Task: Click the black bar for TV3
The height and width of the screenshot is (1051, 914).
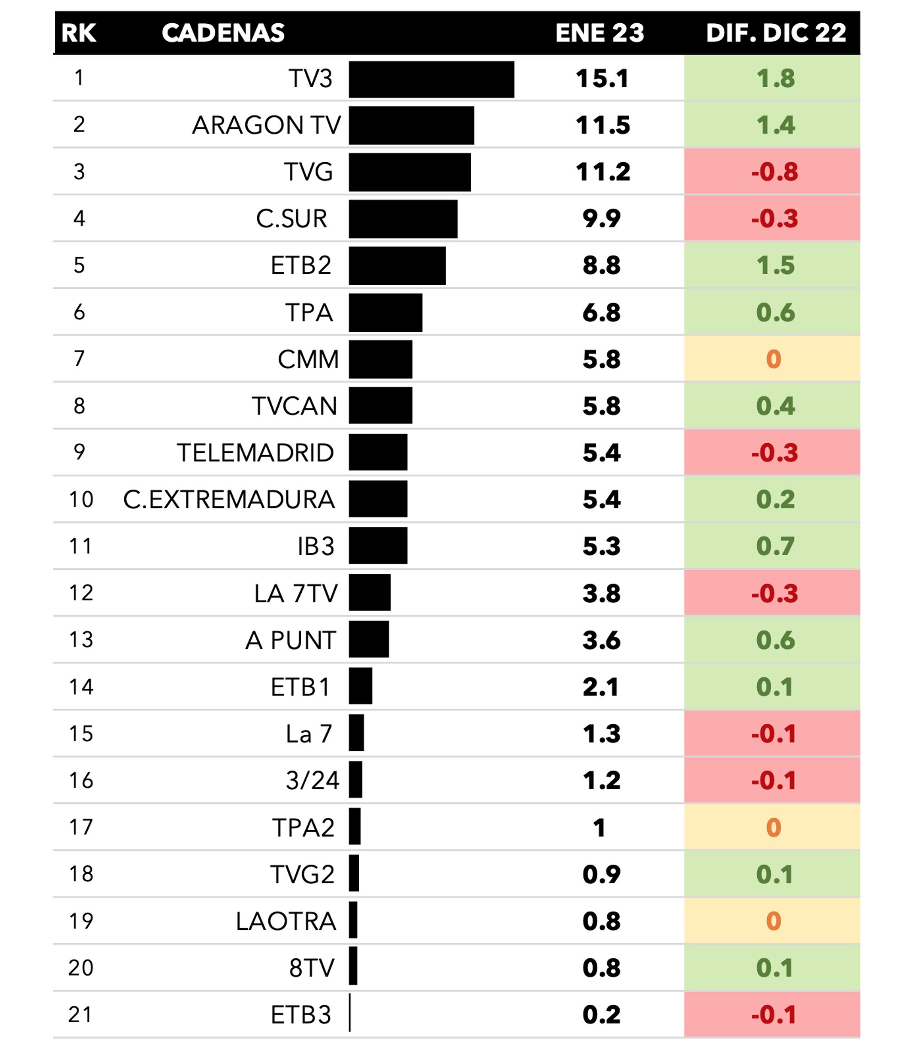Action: (431, 80)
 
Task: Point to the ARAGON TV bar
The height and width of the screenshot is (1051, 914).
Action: (411, 126)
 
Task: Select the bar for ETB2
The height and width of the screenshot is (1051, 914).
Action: (397, 265)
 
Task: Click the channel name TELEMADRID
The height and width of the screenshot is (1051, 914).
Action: (255, 453)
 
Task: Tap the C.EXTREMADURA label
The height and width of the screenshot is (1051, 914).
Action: (229, 500)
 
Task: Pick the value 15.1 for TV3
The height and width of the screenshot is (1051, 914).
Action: (602, 79)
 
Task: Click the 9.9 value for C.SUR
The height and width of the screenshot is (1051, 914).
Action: (601, 219)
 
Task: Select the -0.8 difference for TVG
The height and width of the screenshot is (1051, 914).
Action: (774, 172)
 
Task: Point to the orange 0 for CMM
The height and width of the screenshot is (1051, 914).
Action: (773, 360)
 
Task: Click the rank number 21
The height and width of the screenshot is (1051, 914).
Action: (80, 1015)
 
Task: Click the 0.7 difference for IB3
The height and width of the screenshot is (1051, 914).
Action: (775, 546)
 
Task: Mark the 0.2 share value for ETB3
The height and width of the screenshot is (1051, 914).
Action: (601, 1015)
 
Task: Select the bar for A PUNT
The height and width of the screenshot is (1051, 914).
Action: (369, 639)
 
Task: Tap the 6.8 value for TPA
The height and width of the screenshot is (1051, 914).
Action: (601, 313)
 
